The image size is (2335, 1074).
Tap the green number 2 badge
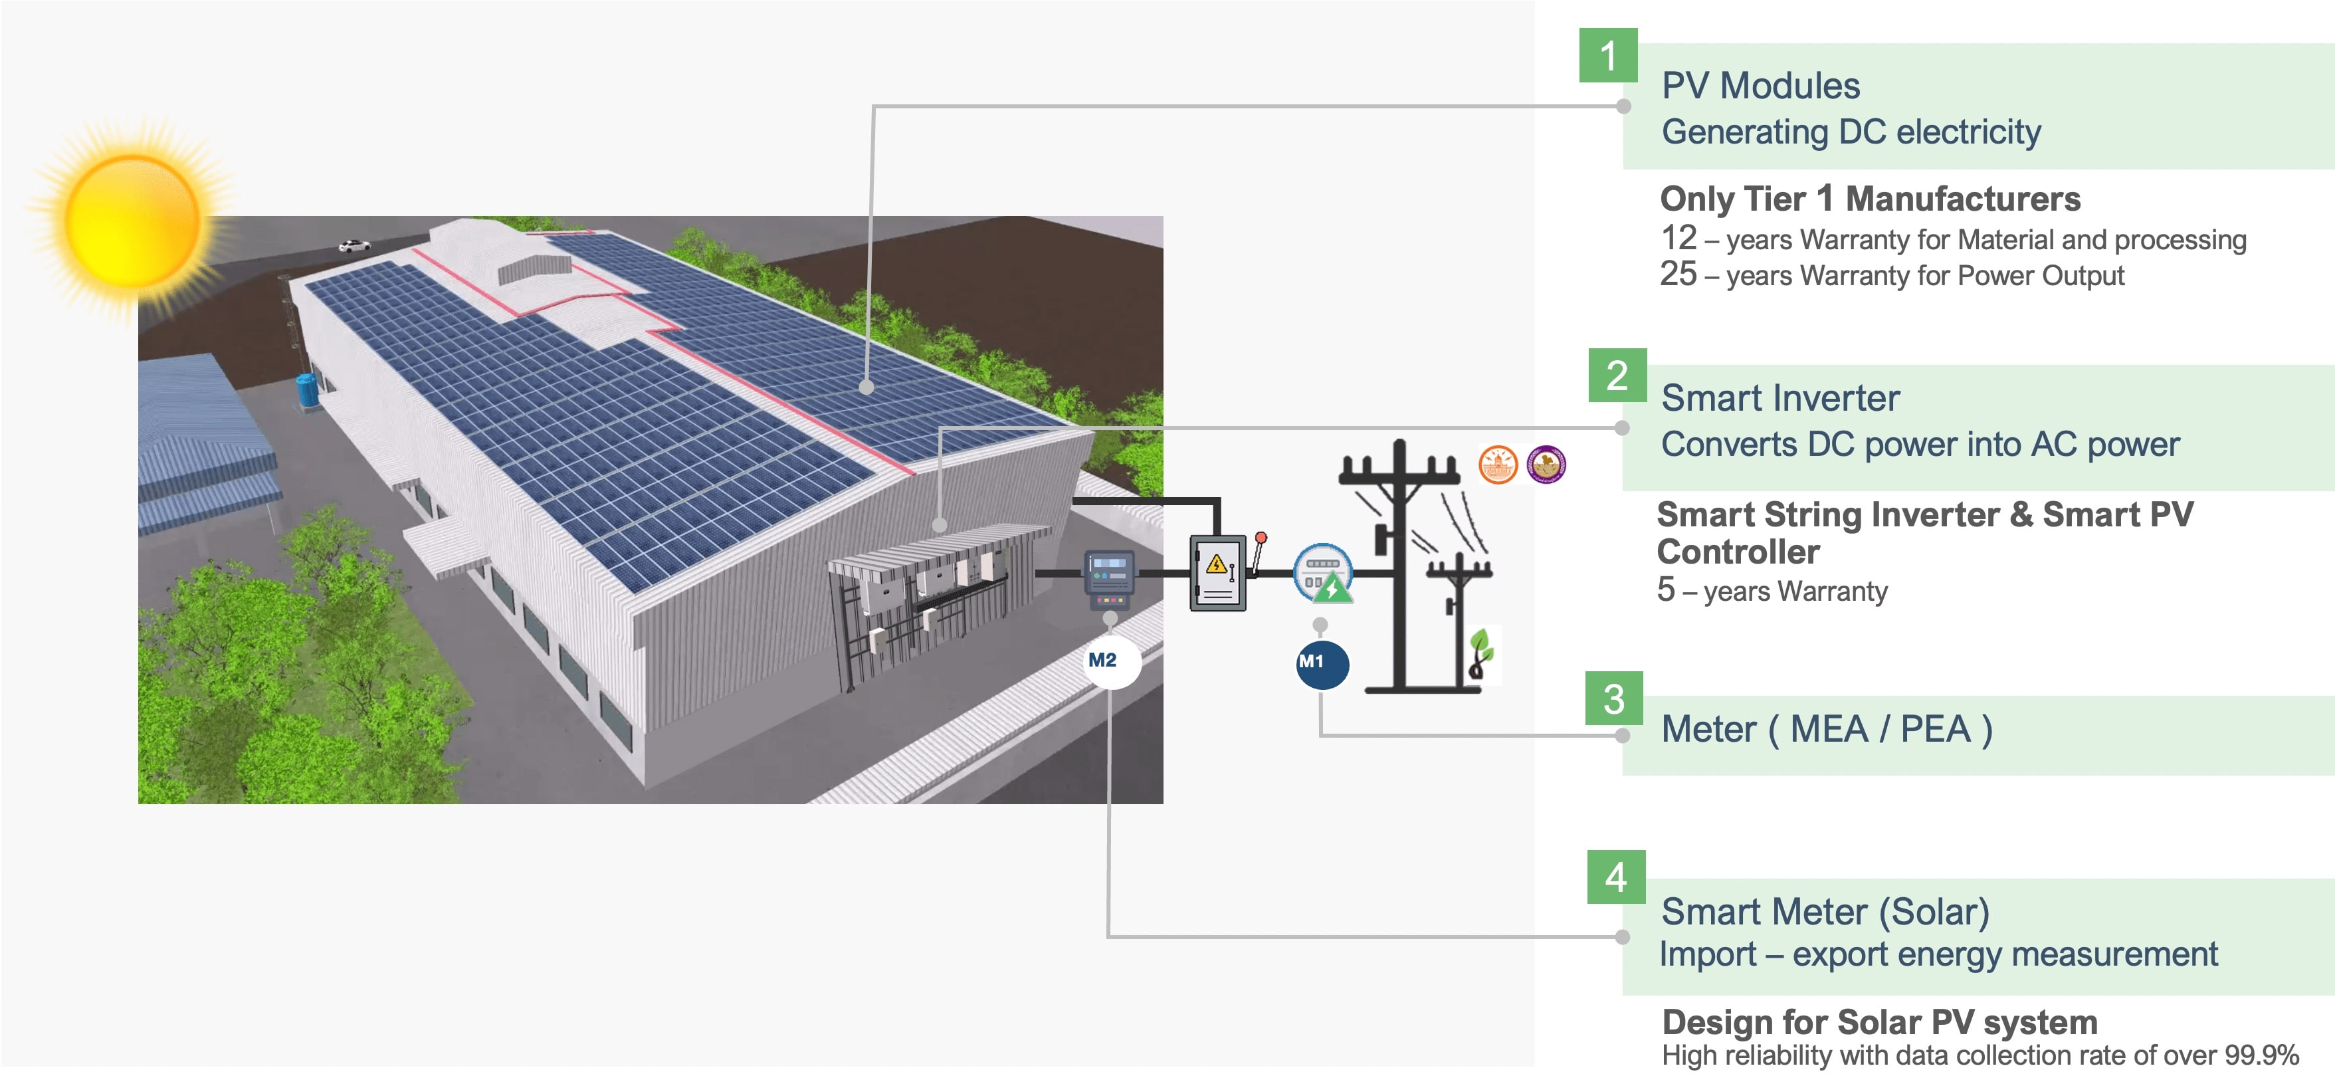point(1617,376)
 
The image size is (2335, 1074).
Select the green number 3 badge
point(1613,698)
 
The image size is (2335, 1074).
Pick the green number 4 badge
point(1616,877)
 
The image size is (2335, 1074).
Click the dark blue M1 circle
point(1322,663)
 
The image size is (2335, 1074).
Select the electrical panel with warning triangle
point(1217,573)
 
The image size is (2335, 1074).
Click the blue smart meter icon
point(1110,579)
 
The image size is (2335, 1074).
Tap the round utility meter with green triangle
point(1324,574)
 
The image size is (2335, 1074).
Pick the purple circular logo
point(1546,464)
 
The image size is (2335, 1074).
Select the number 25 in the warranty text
point(1678,274)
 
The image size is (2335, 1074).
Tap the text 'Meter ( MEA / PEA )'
point(1827,728)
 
